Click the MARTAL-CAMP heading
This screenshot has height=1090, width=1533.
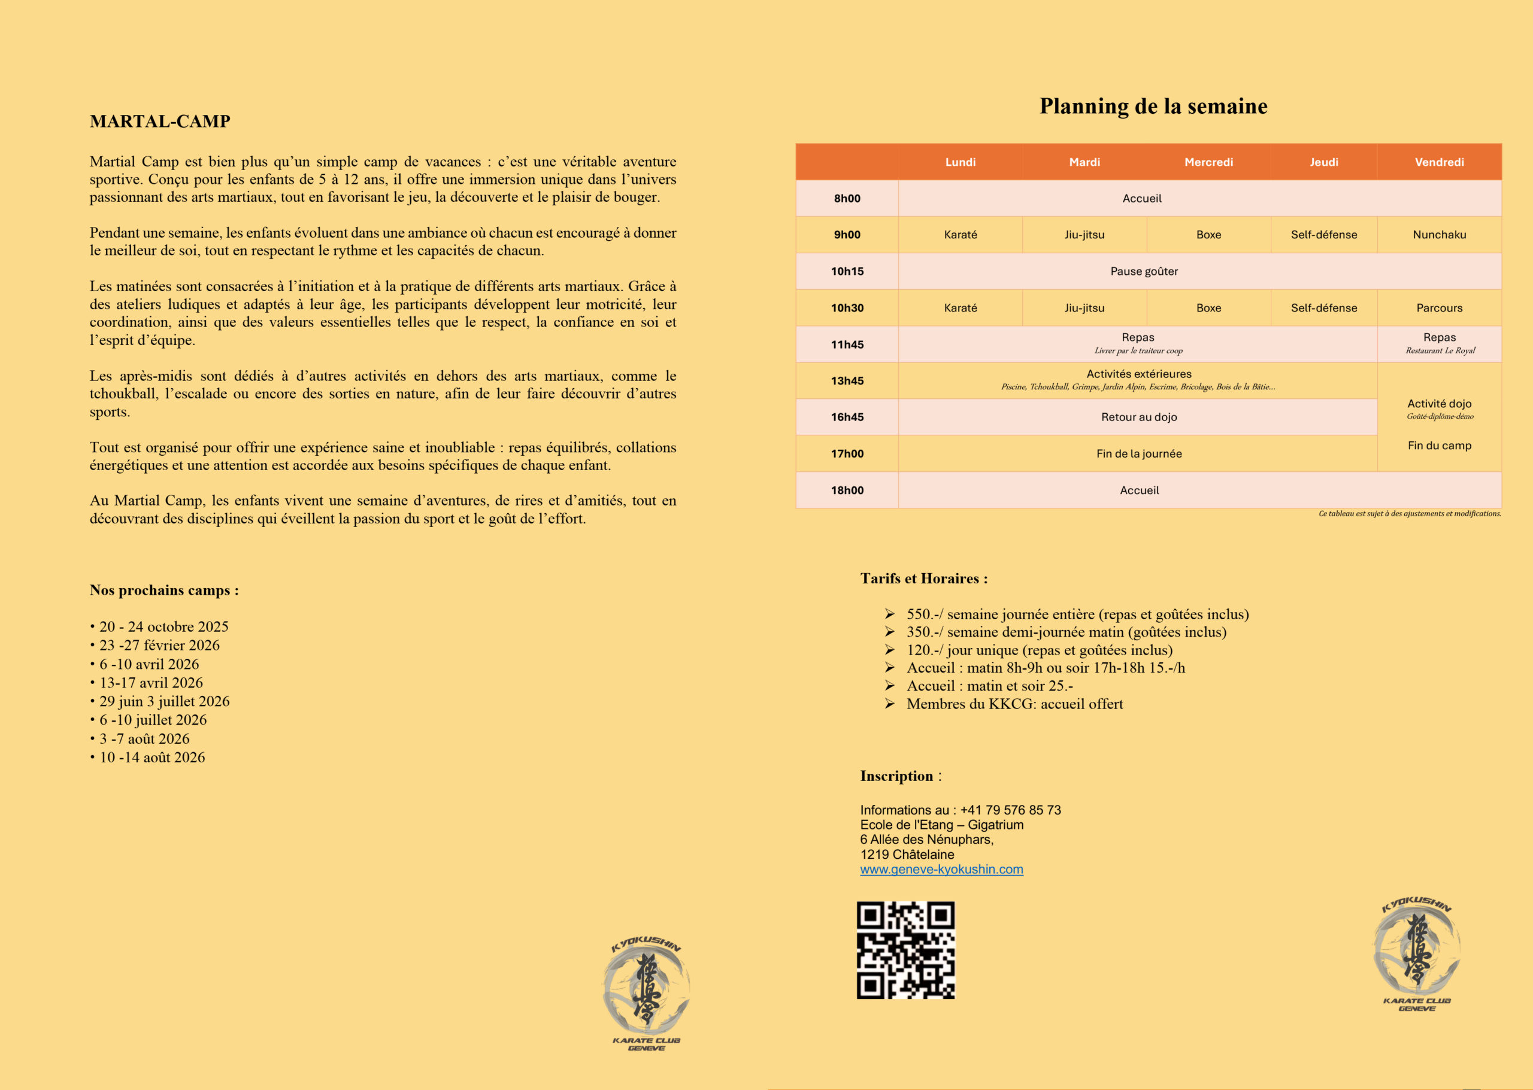click(160, 122)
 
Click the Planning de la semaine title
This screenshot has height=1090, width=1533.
click(1153, 106)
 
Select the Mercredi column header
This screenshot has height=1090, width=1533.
click(1208, 162)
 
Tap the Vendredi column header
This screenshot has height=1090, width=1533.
click(1439, 162)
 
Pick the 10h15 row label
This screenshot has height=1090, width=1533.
click(847, 271)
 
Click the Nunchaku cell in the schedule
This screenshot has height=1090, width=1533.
click(1439, 235)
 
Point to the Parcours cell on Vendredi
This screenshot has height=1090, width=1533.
click(1439, 308)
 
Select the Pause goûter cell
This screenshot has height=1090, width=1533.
click(1144, 271)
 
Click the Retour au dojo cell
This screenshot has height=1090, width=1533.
click(1138, 417)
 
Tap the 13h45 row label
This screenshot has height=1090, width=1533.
click(847, 380)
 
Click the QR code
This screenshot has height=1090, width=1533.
click(905, 950)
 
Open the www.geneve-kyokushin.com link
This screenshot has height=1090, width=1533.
click(941, 869)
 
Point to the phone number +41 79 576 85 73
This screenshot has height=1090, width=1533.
click(1010, 810)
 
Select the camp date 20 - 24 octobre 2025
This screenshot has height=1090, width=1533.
click(163, 627)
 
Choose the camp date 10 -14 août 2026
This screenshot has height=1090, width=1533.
click(152, 757)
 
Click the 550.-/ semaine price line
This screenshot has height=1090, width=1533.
click(1077, 614)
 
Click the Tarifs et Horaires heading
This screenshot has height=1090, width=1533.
click(924, 579)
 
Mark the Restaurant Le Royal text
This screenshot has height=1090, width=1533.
click(1440, 350)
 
